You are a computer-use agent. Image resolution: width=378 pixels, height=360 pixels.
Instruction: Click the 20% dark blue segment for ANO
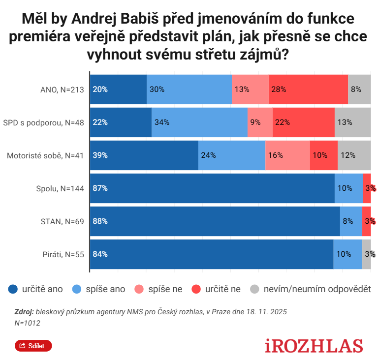(x=118, y=90)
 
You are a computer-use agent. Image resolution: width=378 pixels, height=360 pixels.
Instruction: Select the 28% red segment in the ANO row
(x=308, y=90)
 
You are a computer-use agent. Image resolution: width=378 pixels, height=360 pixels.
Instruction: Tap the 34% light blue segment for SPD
(x=199, y=122)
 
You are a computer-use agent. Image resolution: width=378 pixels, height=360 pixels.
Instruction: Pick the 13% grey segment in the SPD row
(x=352, y=122)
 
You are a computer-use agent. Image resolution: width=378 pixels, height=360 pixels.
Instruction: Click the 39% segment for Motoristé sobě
(x=144, y=155)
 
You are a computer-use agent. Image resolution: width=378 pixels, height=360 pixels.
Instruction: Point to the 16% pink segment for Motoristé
(x=287, y=155)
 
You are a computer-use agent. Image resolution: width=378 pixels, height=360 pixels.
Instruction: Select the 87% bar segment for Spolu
(x=212, y=188)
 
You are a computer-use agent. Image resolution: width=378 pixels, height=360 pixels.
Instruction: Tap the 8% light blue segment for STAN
(x=351, y=221)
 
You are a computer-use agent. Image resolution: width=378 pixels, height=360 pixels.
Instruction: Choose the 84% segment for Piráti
(x=211, y=254)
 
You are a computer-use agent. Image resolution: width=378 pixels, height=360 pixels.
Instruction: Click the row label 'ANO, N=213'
(x=63, y=90)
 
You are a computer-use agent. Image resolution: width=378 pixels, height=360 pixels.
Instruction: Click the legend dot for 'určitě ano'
(x=13, y=289)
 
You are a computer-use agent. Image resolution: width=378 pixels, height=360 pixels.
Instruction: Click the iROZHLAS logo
(x=314, y=346)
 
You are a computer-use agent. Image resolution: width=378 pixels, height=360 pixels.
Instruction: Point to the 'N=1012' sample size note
(x=28, y=323)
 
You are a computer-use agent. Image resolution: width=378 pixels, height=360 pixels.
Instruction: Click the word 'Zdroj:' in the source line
(x=24, y=312)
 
